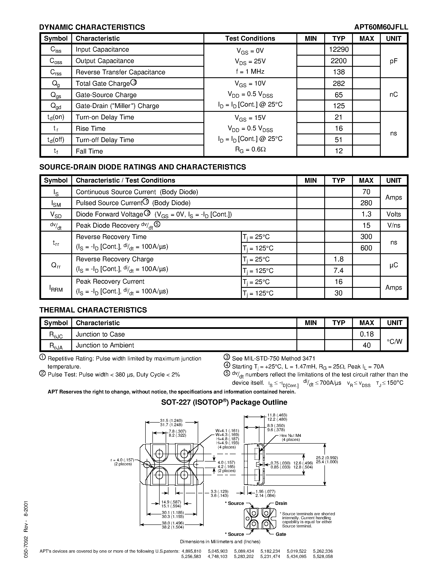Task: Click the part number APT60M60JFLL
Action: click(x=381, y=27)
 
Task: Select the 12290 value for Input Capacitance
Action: click(x=339, y=49)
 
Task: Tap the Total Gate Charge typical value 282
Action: click(x=339, y=84)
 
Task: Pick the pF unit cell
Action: click(x=394, y=61)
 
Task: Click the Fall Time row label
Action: click(x=89, y=151)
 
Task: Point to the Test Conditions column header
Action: click(x=250, y=39)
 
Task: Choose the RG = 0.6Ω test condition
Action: click(x=250, y=149)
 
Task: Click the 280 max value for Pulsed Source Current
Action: click(x=366, y=203)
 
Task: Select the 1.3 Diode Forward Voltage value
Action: click(x=366, y=214)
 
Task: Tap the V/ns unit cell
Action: click(x=394, y=226)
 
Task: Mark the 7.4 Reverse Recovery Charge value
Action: click(x=338, y=270)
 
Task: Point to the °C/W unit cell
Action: click(x=394, y=342)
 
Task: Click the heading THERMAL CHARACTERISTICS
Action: click(x=93, y=310)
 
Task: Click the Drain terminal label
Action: click(x=281, y=503)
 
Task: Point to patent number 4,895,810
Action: click(x=191, y=551)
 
